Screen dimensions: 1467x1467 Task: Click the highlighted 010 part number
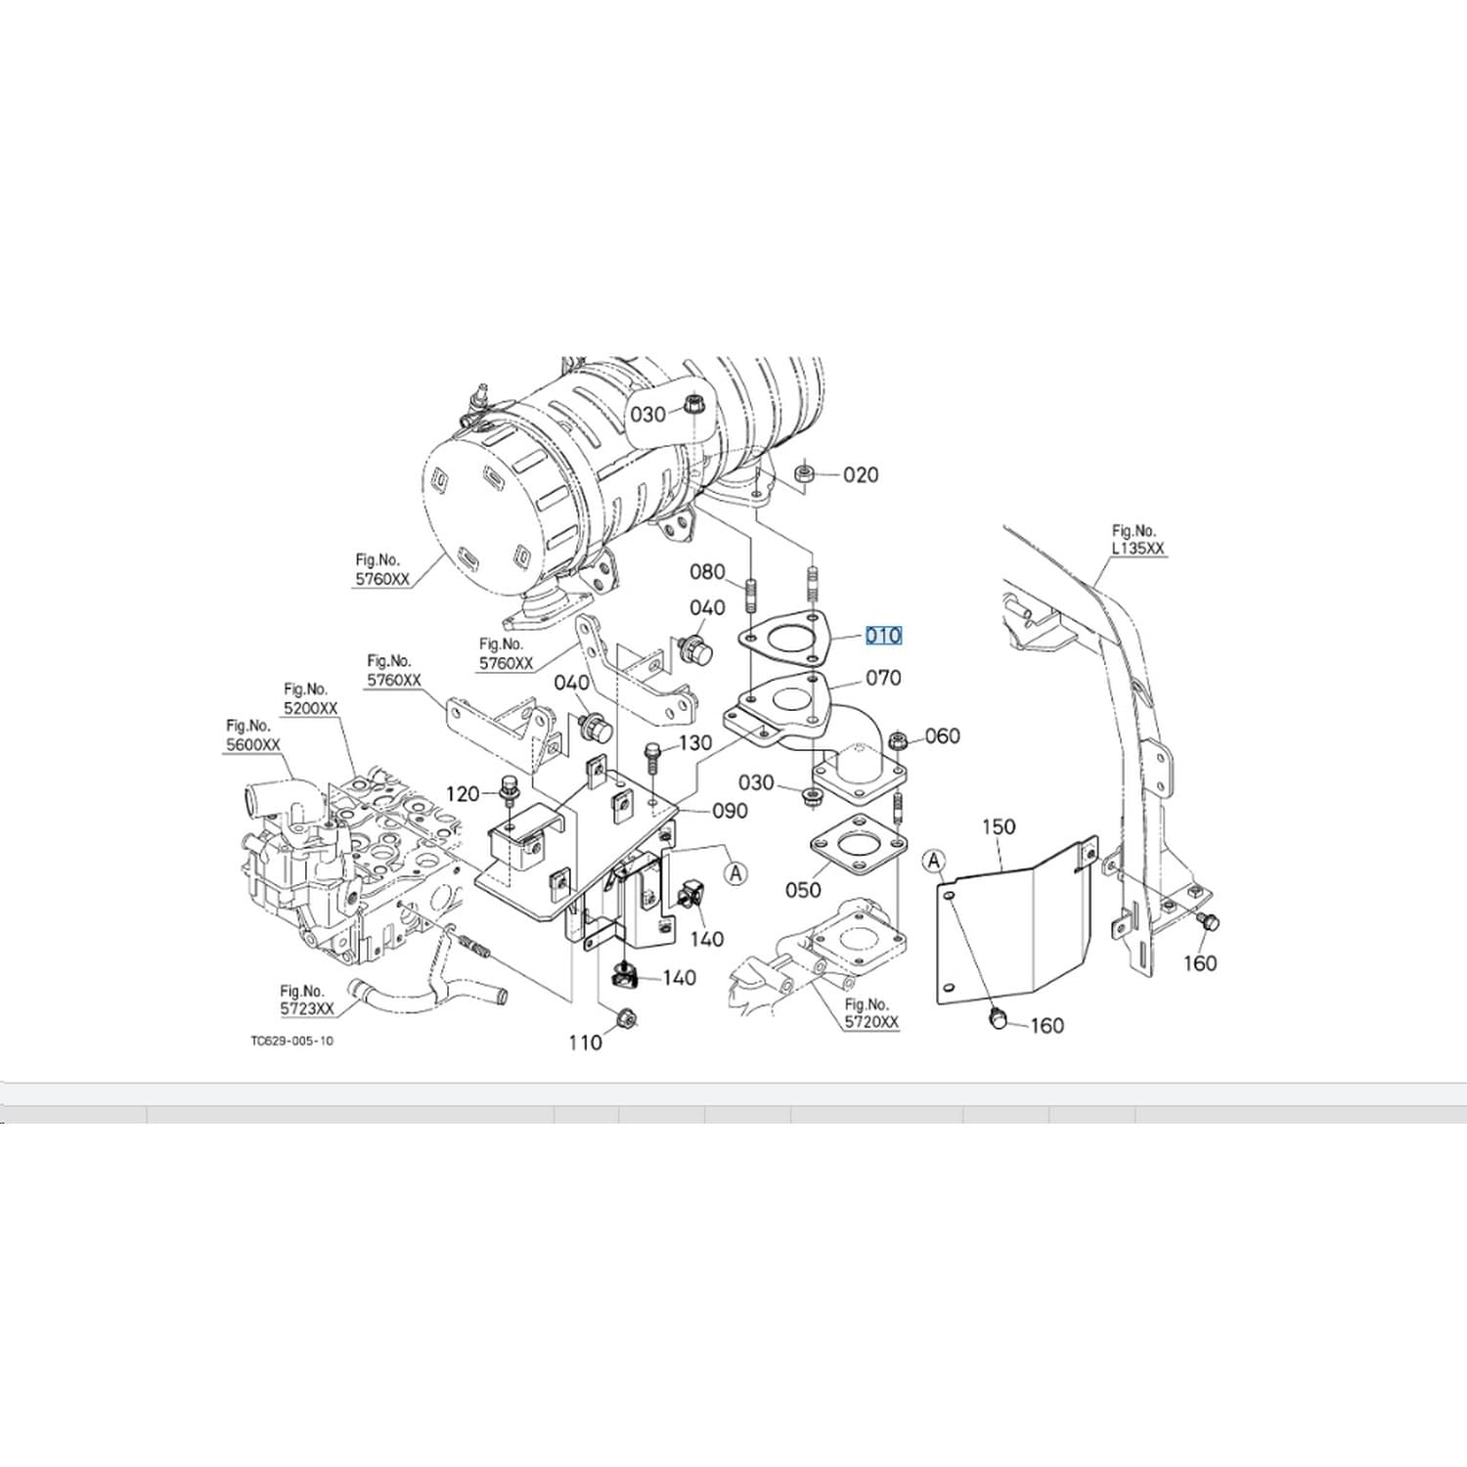coord(882,636)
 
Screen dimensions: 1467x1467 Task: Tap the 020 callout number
coord(861,475)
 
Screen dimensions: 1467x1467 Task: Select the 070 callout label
coord(883,678)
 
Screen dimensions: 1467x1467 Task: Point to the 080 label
coord(707,572)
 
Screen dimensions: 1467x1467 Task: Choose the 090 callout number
coord(730,811)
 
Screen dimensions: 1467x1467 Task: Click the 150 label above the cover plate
coord(999,826)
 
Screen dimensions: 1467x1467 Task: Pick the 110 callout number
coord(585,1043)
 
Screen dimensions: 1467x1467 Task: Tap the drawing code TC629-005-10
coord(291,1041)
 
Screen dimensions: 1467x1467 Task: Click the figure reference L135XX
coord(1138,549)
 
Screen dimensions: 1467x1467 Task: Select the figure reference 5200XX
coord(310,708)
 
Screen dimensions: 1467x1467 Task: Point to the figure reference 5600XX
coord(252,744)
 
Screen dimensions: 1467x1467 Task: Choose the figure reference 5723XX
coord(306,1008)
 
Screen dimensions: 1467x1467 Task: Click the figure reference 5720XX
coord(871,1022)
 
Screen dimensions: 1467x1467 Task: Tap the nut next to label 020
coord(804,474)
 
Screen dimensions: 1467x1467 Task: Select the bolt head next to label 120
coord(508,784)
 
